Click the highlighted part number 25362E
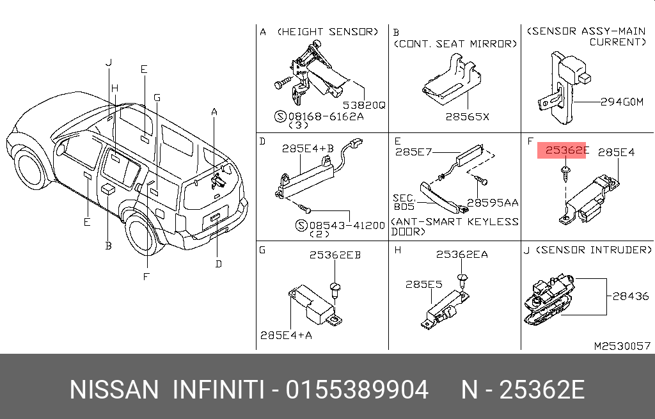click(567, 150)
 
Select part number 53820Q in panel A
click(364, 106)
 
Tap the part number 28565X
click(467, 117)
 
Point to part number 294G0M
click(622, 102)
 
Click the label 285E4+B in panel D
click(308, 148)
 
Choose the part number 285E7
click(414, 152)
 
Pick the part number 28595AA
click(493, 203)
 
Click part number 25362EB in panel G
click(335, 255)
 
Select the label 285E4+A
click(286, 335)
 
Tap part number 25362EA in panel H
click(462, 255)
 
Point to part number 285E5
click(423, 285)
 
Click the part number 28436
click(631, 296)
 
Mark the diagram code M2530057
click(622, 346)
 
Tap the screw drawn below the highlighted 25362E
click(565, 173)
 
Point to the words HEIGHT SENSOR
click(327, 32)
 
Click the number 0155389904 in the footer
click(357, 390)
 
